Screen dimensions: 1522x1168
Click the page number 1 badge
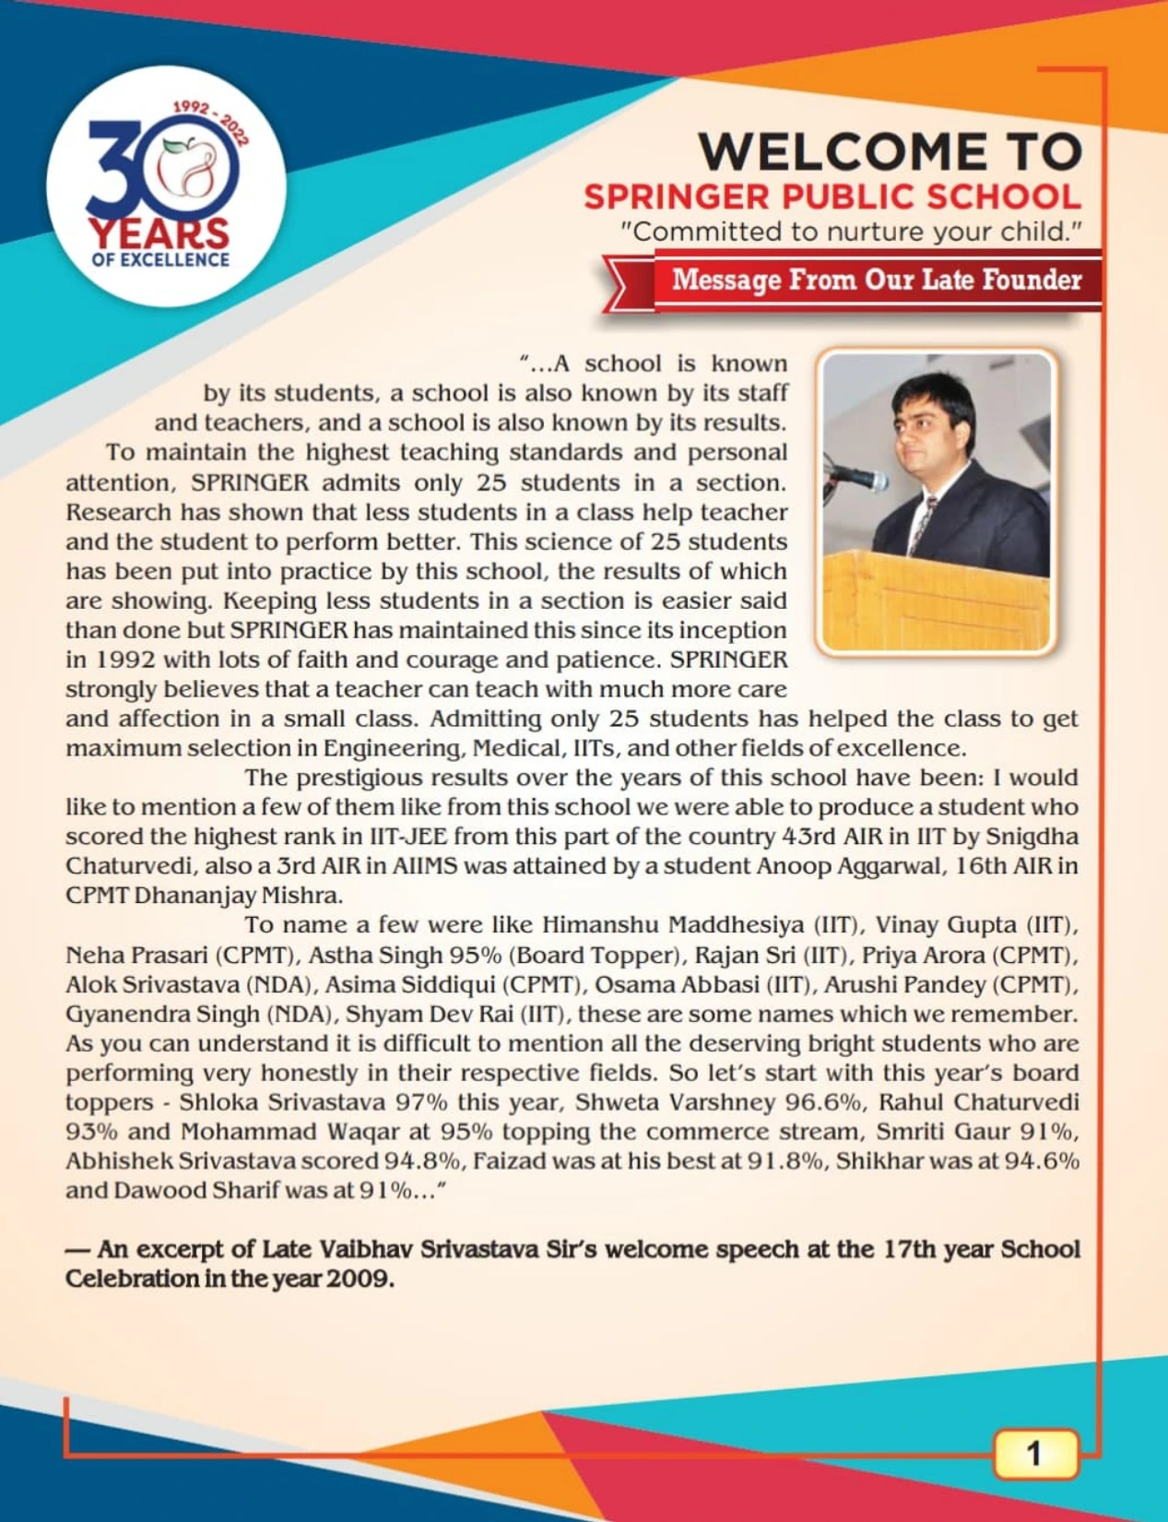click(x=1034, y=1454)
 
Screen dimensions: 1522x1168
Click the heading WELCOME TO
click(x=890, y=151)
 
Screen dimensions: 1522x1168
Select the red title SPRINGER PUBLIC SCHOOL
click(x=832, y=196)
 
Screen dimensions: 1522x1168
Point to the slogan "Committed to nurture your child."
click(x=851, y=231)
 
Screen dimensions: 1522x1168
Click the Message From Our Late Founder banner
click(x=876, y=279)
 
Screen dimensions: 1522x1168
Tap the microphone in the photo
click(x=858, y=478)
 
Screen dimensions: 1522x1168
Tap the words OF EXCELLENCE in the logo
click(x=160, y=260)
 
